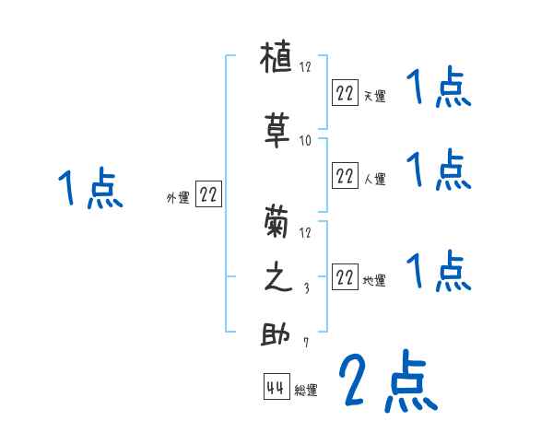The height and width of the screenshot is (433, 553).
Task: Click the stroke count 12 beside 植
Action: tap(306, 67)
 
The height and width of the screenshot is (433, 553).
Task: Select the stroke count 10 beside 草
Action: tap(306, 140)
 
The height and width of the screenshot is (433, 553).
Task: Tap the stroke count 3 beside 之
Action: tap(306, 288)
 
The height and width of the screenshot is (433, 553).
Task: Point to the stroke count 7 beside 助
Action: tap(306, 344)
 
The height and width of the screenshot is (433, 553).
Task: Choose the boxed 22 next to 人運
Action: tap(344, 175)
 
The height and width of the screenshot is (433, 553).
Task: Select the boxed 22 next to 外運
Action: tap(208, 193)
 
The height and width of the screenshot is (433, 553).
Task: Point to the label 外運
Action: tap(178, 197)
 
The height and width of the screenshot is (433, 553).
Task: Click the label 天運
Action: tap(374, 94)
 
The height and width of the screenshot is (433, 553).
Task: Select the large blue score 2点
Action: tap(386, 381)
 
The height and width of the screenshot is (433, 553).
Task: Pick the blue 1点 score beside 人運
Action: tap(439, 170)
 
